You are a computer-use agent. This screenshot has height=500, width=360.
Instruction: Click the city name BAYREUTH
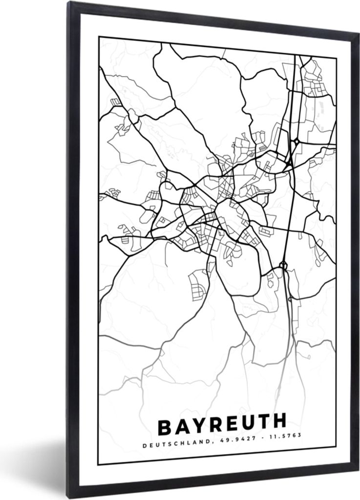[x=222, y=426]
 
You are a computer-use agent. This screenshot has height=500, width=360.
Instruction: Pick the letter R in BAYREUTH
[x=214, y=427]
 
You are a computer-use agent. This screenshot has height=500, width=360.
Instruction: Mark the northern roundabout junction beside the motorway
[x=297, y=142]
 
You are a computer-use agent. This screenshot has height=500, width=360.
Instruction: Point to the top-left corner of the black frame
[x=68, y=2]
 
